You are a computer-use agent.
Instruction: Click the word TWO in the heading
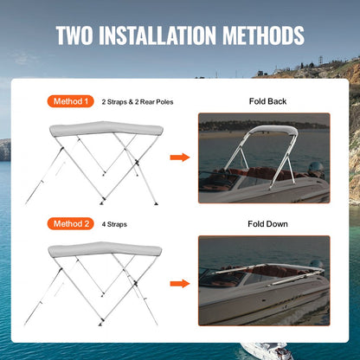coord(77,35)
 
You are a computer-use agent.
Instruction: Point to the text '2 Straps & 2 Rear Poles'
coord(138,102)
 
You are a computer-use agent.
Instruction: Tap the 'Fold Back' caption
coord(265,101)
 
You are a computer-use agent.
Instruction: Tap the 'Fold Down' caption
coord(265,224)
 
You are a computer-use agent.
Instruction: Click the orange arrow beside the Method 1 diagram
coord(179,157)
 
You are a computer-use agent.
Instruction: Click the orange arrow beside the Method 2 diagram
coord(179,282)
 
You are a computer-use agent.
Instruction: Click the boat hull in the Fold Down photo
coord(251,303)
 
